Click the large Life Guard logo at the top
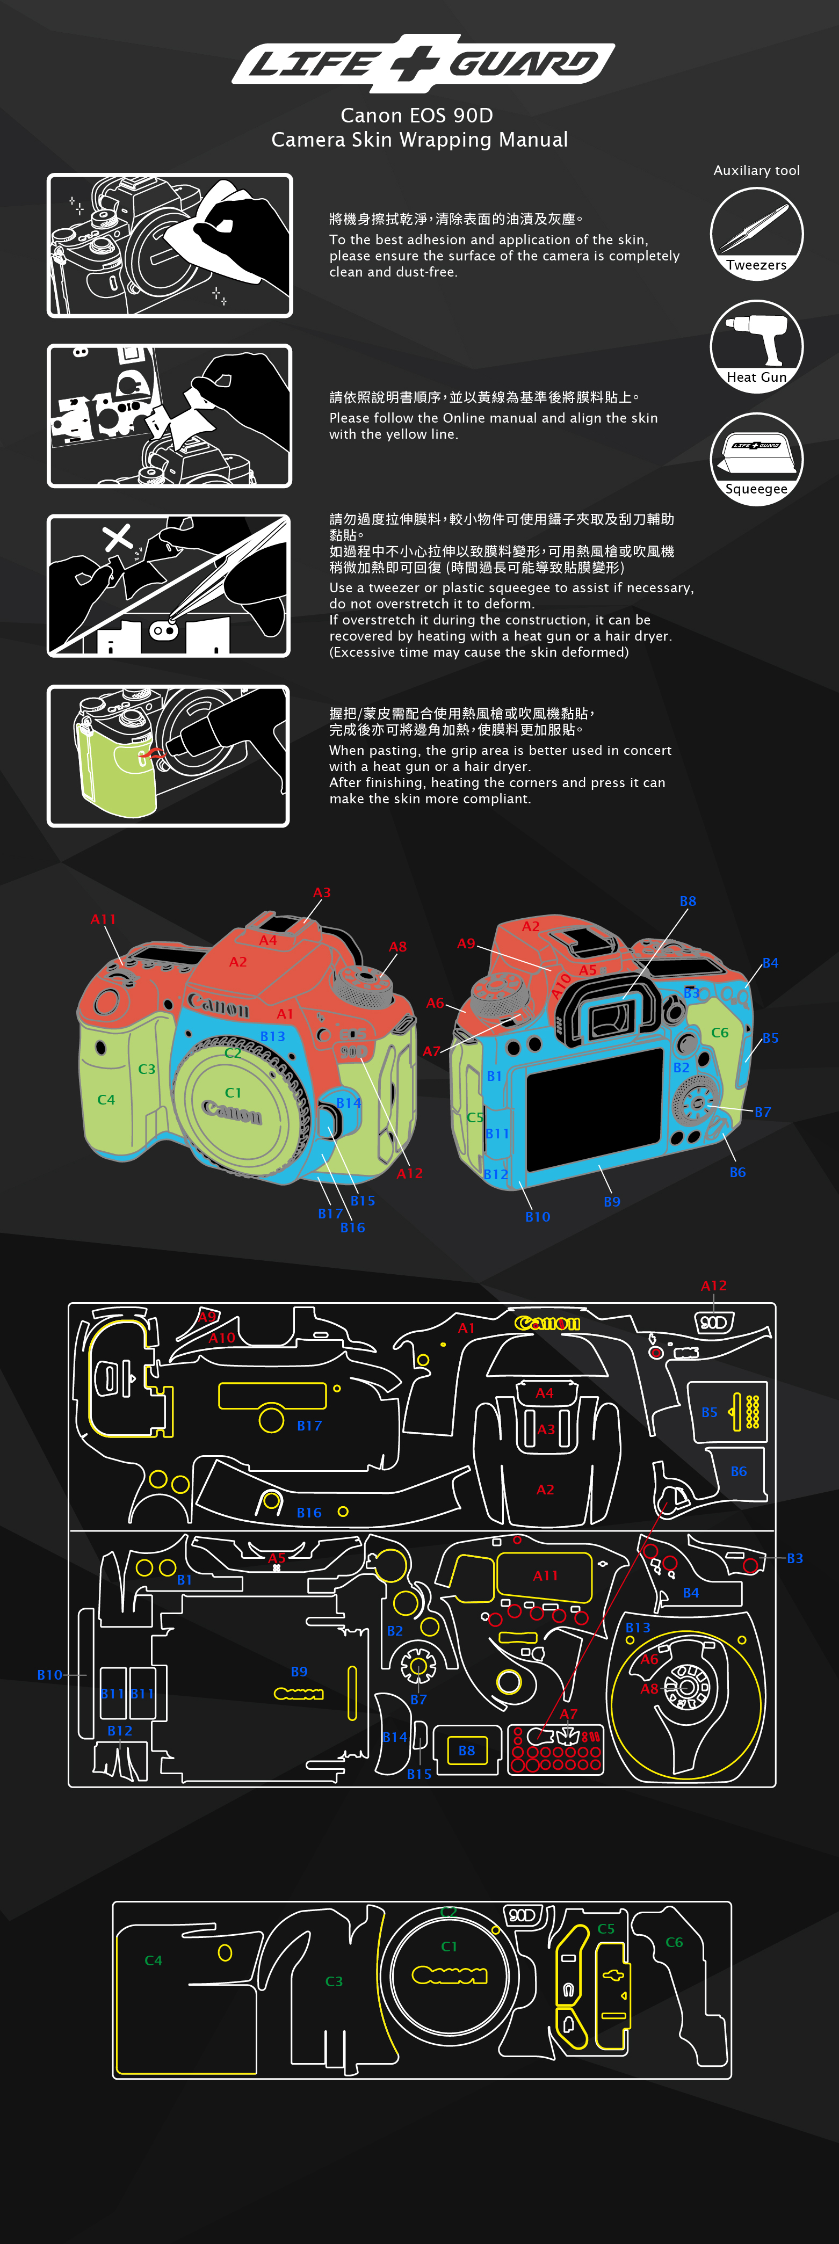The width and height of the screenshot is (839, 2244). (423, 63)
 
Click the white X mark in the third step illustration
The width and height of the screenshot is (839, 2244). (118, 538)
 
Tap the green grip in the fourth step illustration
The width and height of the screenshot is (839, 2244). (118, 767)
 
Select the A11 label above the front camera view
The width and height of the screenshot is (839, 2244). (103, 920)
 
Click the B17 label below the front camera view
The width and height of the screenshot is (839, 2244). (330, 1214)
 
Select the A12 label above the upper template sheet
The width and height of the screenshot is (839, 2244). (713, 1286)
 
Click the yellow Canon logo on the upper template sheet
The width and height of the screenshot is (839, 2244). (547, 1323)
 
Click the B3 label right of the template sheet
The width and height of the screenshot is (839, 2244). (794, 1558)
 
